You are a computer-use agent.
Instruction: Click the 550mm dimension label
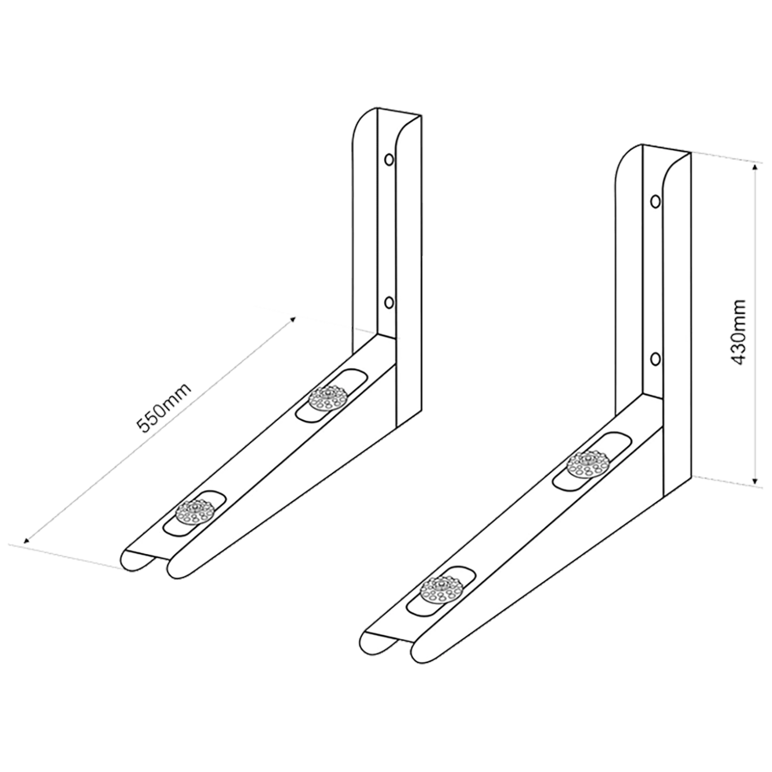(x=164, y=409)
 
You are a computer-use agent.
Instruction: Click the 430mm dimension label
(x=737, y=332)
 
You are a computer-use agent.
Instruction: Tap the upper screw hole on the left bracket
(x=388, y=159)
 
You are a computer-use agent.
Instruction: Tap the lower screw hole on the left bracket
(x=388, y=303)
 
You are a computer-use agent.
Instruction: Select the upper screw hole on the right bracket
(x=656, y=201)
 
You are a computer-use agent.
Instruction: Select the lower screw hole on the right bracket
(x=656, y=360)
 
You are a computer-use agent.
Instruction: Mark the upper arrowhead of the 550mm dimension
(x=294, y=319)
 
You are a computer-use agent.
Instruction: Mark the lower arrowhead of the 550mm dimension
(x=26, y=540)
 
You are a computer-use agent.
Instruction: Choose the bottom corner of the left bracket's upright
(x=396, y=427)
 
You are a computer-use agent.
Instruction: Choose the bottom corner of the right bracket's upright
(x=664, y=496)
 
